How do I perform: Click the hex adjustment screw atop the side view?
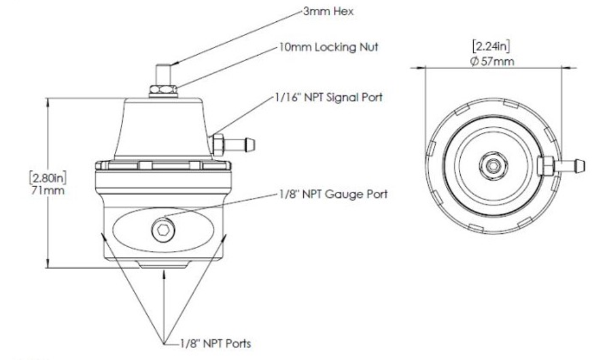163,74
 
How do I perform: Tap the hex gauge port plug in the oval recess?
162,227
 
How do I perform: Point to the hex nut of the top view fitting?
544,166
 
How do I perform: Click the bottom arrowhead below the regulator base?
163,274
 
